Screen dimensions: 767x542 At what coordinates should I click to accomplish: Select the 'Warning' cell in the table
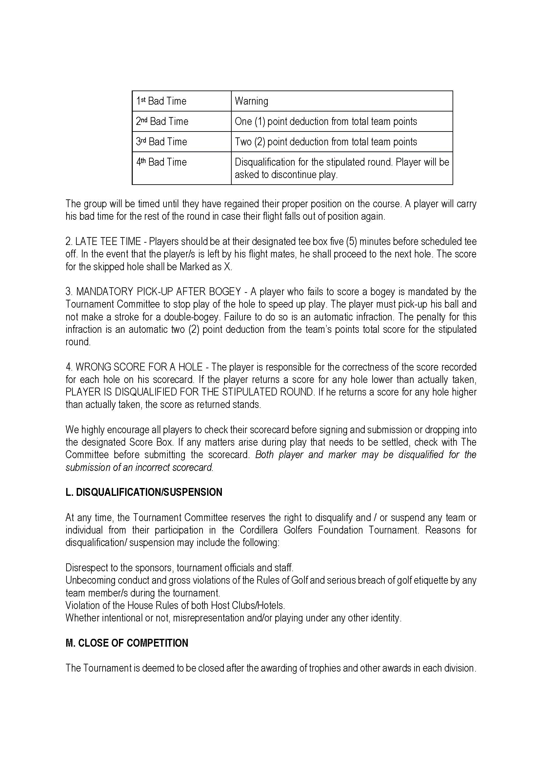tap(251, 101)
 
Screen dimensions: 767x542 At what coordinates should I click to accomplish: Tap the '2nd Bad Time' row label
tap(162, 121)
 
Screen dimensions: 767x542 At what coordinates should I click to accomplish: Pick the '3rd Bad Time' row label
tap(162, 142)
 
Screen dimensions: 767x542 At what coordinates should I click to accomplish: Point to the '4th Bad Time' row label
tap(162, 162)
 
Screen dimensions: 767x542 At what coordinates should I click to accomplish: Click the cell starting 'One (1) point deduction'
tap(326, 121)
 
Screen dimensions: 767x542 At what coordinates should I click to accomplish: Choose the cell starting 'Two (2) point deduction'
tap(326, 142)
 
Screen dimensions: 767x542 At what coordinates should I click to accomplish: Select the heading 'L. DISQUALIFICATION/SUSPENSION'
tap(144, 492)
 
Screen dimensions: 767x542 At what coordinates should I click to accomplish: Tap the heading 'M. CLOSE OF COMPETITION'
tap(127, 643)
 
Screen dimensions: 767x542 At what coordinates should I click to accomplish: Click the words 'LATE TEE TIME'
tap(108, 241)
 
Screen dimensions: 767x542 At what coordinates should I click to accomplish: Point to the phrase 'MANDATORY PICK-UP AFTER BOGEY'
tap(159, 292)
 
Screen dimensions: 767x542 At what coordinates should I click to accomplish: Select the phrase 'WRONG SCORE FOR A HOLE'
tap(139, 367)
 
